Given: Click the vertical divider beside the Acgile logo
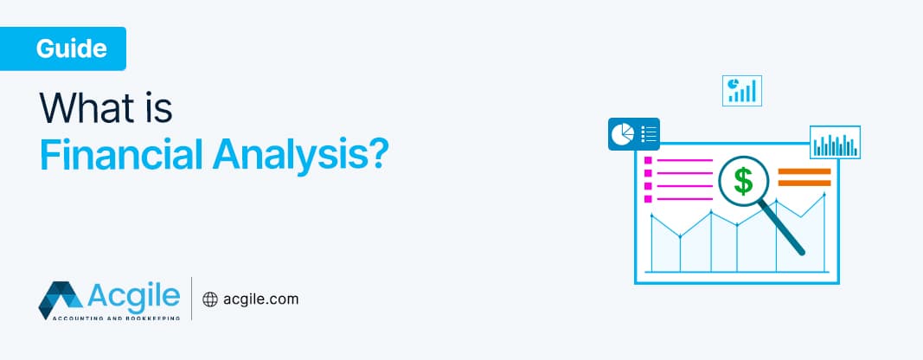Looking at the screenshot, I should point(191,299).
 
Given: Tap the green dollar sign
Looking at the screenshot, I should point(743,181).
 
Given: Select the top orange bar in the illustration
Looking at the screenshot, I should point(804,171).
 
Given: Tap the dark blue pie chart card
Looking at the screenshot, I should point(634,134).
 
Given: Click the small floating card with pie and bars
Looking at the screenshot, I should point(741,90).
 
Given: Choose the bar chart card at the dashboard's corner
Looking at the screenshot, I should point(835,143).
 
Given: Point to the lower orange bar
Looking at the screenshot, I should point(804,183).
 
